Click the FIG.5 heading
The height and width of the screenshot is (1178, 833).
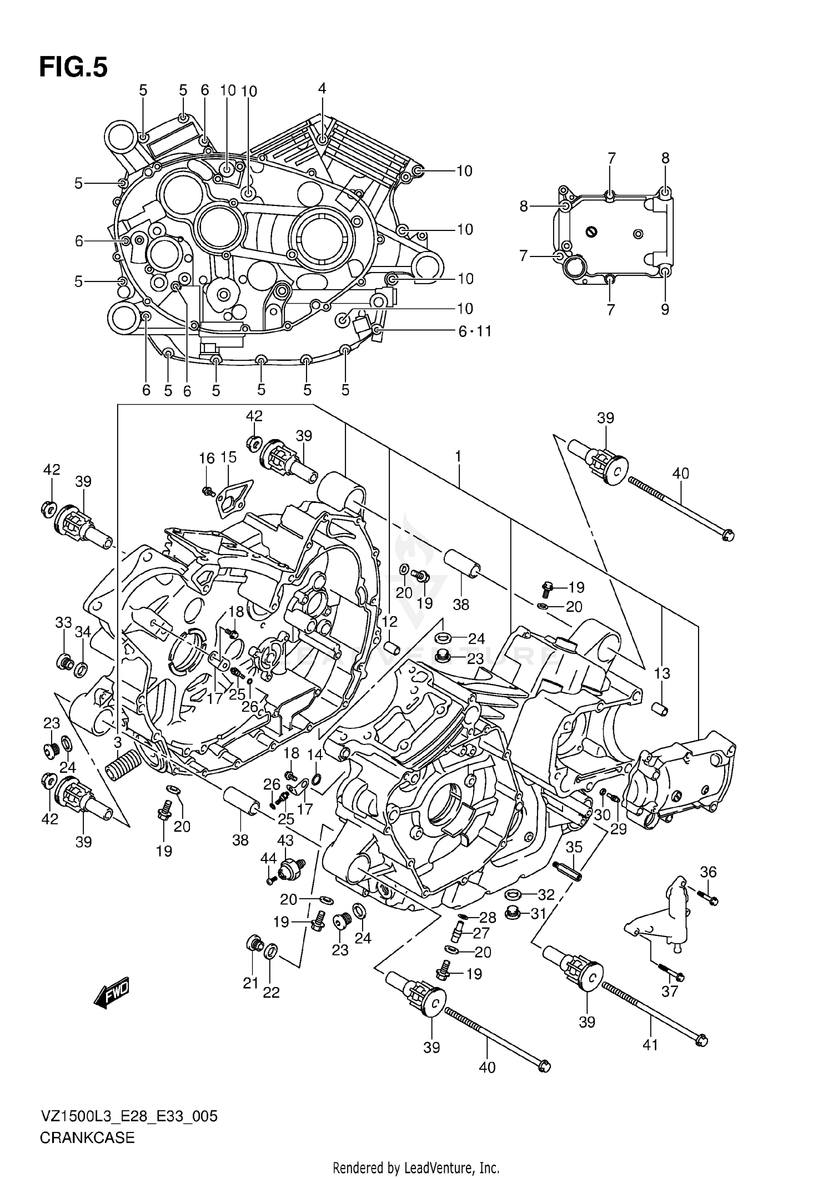pyautogui.click(x=73, y=68)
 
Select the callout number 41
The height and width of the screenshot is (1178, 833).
pyautogui.click(x=650, y=1045)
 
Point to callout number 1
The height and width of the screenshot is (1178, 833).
pyautogui.click(x=458, y=456)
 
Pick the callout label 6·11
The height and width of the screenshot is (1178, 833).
pyautogui.click(x=475, y=331)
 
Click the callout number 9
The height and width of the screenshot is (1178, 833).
pyautogui.click(x=665, y=309)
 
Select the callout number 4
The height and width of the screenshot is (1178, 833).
pyautogui.click(x=322, y=88)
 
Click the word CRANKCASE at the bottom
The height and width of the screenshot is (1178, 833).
pyautogui.click(x=87, y=1138)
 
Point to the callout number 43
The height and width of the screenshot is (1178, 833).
pyautogui.click(x=285, y=840)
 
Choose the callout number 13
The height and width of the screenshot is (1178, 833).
pyautogui.click(x=662, y=673)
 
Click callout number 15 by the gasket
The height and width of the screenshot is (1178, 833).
pyautogui.click(x=228, y=457)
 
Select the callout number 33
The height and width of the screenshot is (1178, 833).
pyautogui.click(x=63, y=622)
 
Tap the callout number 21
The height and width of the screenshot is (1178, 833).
pyautogui.click(x=250, y=983)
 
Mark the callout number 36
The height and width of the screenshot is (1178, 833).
pyautogui.click(x=709, y=872)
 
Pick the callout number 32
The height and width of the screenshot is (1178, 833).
pyautogui.click(x=546, y=894)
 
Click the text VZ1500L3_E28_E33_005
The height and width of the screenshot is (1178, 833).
pyautogui.click(x=129, y=1116)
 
